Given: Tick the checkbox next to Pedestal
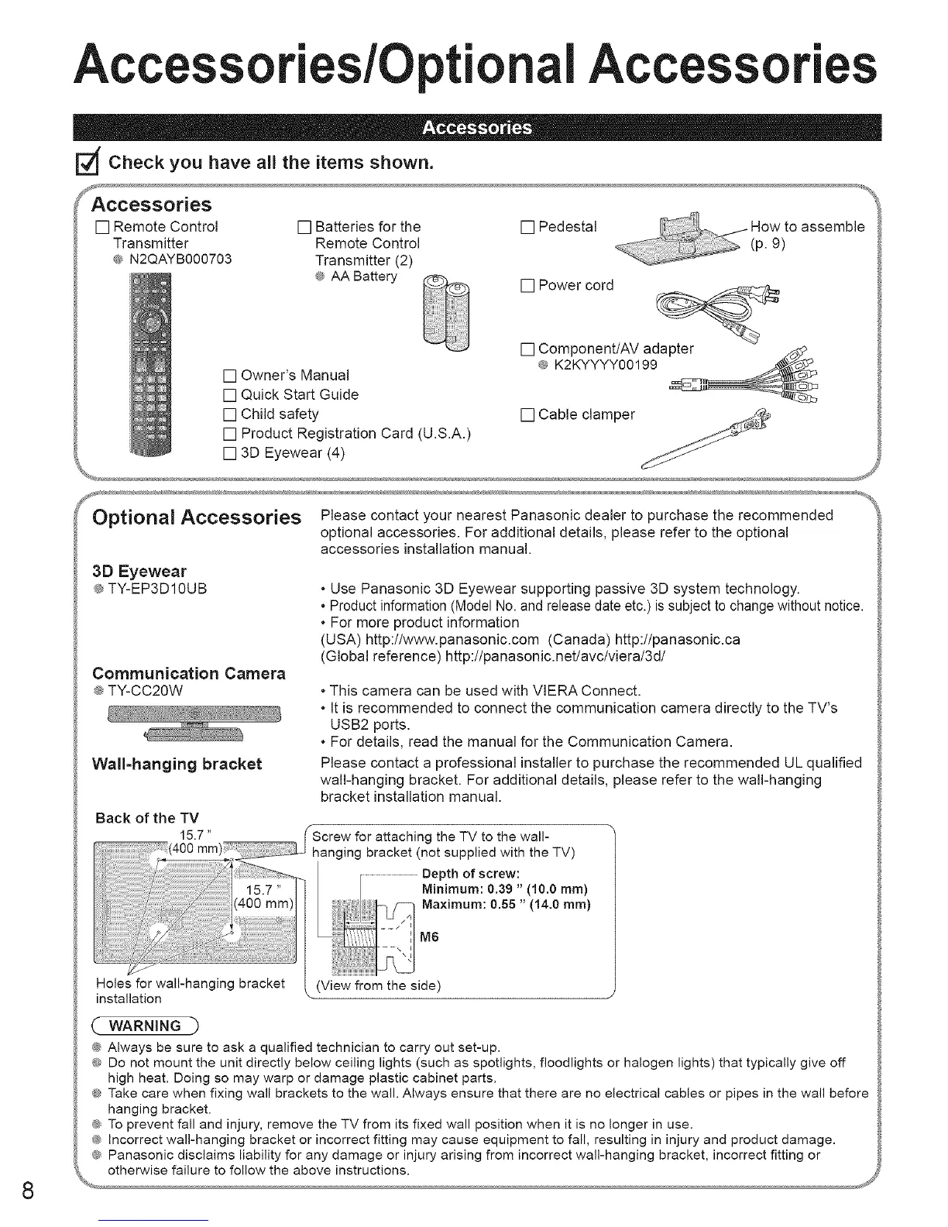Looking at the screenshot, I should [528, 228].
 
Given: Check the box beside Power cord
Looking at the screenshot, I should [528, 286].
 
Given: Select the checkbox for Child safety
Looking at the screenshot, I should [229, 414].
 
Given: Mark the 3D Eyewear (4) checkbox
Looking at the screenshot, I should [229, 453].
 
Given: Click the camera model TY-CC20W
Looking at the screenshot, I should [144, 690].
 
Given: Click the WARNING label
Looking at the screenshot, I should [146, 1026].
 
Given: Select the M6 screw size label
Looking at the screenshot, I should [429, 937].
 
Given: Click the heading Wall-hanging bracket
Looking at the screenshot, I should [177, 765].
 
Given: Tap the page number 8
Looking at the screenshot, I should [28, 1191].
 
